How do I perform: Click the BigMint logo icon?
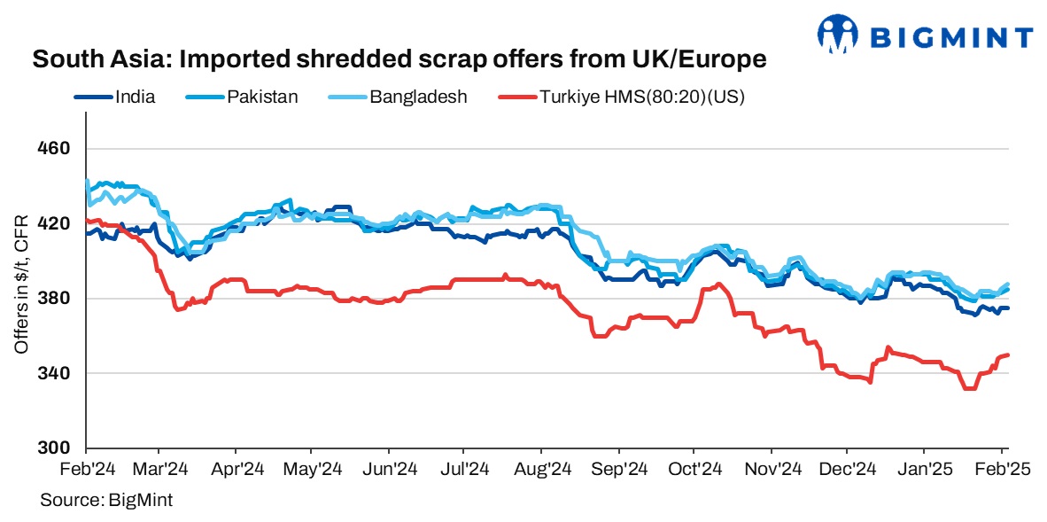pos(839,35)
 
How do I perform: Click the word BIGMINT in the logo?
pos(952,37)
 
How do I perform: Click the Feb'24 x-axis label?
pos(85,468)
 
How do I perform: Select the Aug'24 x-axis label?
pos(542,468)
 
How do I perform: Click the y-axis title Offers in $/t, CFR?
pos(21,284)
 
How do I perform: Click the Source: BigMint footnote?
pos(106,501)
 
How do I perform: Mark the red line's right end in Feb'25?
pos(1009,355)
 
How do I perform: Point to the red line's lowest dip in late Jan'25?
pos(969,388)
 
